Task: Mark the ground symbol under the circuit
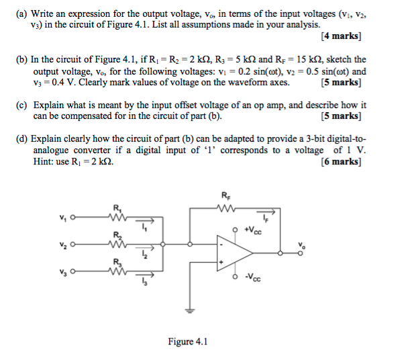[191, 310]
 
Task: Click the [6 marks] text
[341, 161]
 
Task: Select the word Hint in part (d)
[46, 161]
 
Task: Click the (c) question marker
[22, 105]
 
